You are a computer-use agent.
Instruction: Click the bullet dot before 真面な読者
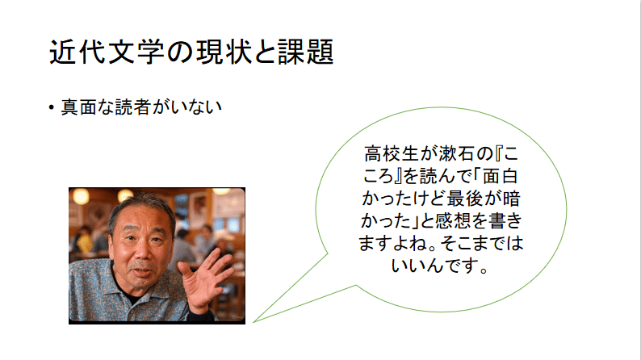[51, 107]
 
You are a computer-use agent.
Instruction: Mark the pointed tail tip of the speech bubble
[253, 321]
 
